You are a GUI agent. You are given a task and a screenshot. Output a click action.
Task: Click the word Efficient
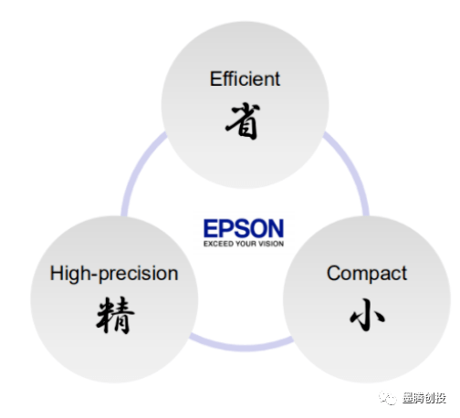click(x=245, y=79)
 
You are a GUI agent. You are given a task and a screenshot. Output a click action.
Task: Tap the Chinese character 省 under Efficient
click(x=243, y=121)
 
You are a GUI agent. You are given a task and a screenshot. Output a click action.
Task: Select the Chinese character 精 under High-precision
click(x=115, y=315)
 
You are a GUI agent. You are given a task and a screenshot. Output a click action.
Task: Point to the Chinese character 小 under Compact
click(x=367, y=314)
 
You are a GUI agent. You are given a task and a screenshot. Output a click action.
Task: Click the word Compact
click(x=367, y=274)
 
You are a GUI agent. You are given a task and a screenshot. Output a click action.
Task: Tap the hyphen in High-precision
click(x=95, y=275)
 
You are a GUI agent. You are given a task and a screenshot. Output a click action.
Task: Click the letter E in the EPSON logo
click(x=211, y=228)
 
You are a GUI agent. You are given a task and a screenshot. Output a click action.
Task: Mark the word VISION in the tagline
click(x=271, y=244)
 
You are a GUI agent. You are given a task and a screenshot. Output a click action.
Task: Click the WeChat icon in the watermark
click(x=388, y=398)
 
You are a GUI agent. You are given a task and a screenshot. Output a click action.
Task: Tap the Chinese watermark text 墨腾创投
click(x=424, y=398)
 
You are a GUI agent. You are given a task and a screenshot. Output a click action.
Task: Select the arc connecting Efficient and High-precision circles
click(x=137, y=171)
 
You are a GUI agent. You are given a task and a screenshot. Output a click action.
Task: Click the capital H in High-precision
click(x=57, y=273)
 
